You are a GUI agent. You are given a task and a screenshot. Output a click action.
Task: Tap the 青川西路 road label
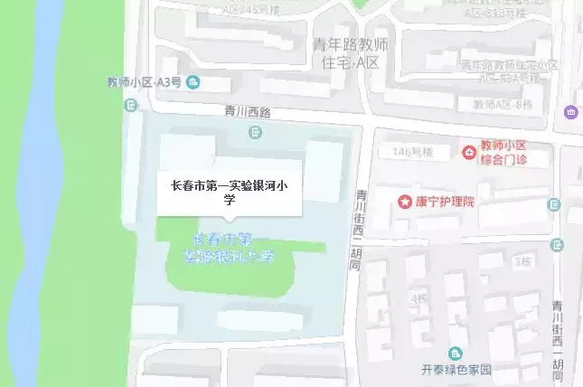click(x=247, y=113)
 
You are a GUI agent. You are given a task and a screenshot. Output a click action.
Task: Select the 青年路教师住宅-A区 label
click(x=349, y=55)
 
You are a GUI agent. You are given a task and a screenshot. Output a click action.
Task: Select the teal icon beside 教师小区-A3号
click(x=193, y=83)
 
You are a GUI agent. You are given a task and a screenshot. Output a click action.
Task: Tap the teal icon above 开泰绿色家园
click(x=456, y=353)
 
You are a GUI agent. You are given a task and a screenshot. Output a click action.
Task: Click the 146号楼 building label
click(x=409, y=152)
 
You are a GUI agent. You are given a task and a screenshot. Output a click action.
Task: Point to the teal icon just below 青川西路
click(x=256, y=133)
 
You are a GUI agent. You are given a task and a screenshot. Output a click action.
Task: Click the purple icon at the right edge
click(x=571, y=112)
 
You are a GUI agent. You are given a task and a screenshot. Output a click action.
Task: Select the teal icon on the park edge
click(x=131, y=106)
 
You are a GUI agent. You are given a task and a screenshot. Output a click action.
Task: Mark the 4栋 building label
click(x=417, y=297)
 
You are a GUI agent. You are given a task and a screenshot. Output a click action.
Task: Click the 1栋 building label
click(x=522, y=262)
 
